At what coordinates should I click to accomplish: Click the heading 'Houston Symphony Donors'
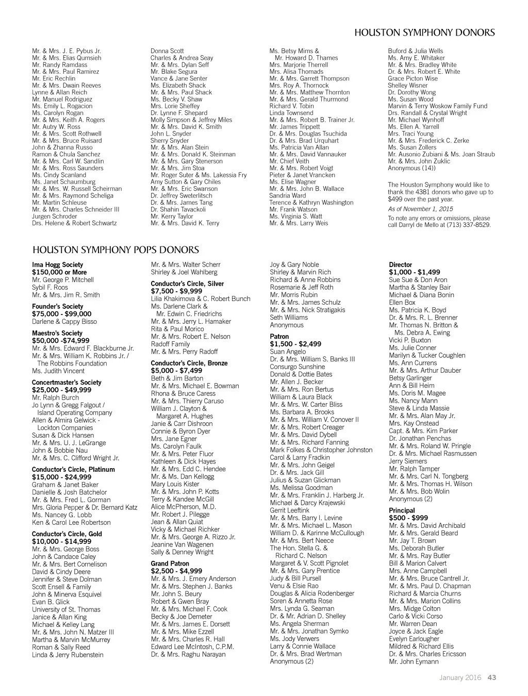coord(425,33)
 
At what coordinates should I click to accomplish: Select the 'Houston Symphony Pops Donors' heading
coord(115,250)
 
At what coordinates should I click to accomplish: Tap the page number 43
coord(491,678)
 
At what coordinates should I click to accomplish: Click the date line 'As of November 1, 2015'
coord(420,209)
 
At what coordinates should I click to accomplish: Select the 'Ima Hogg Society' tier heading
coord(57,265)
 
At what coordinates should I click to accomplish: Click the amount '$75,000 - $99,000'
coord(61,314)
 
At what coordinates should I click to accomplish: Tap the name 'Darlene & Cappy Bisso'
coord(64,322)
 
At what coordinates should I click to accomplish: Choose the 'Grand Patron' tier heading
coord(170,564)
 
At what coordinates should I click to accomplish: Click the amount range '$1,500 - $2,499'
coord(295,344)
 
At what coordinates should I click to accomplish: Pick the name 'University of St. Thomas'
coord(66,609)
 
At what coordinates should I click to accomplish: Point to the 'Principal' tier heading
coord(402,510)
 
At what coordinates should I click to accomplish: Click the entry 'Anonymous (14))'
coord(411,168)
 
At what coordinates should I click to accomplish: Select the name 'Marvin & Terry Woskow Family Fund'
coord(437,106)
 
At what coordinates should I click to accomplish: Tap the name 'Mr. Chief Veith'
coord(289,161)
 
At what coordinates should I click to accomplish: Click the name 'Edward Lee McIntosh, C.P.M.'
coord(192,647)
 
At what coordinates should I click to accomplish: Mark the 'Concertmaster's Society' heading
coord(67,383)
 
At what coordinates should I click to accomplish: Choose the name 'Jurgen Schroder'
coord(55,217)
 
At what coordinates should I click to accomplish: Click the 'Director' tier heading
coord(401,265)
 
